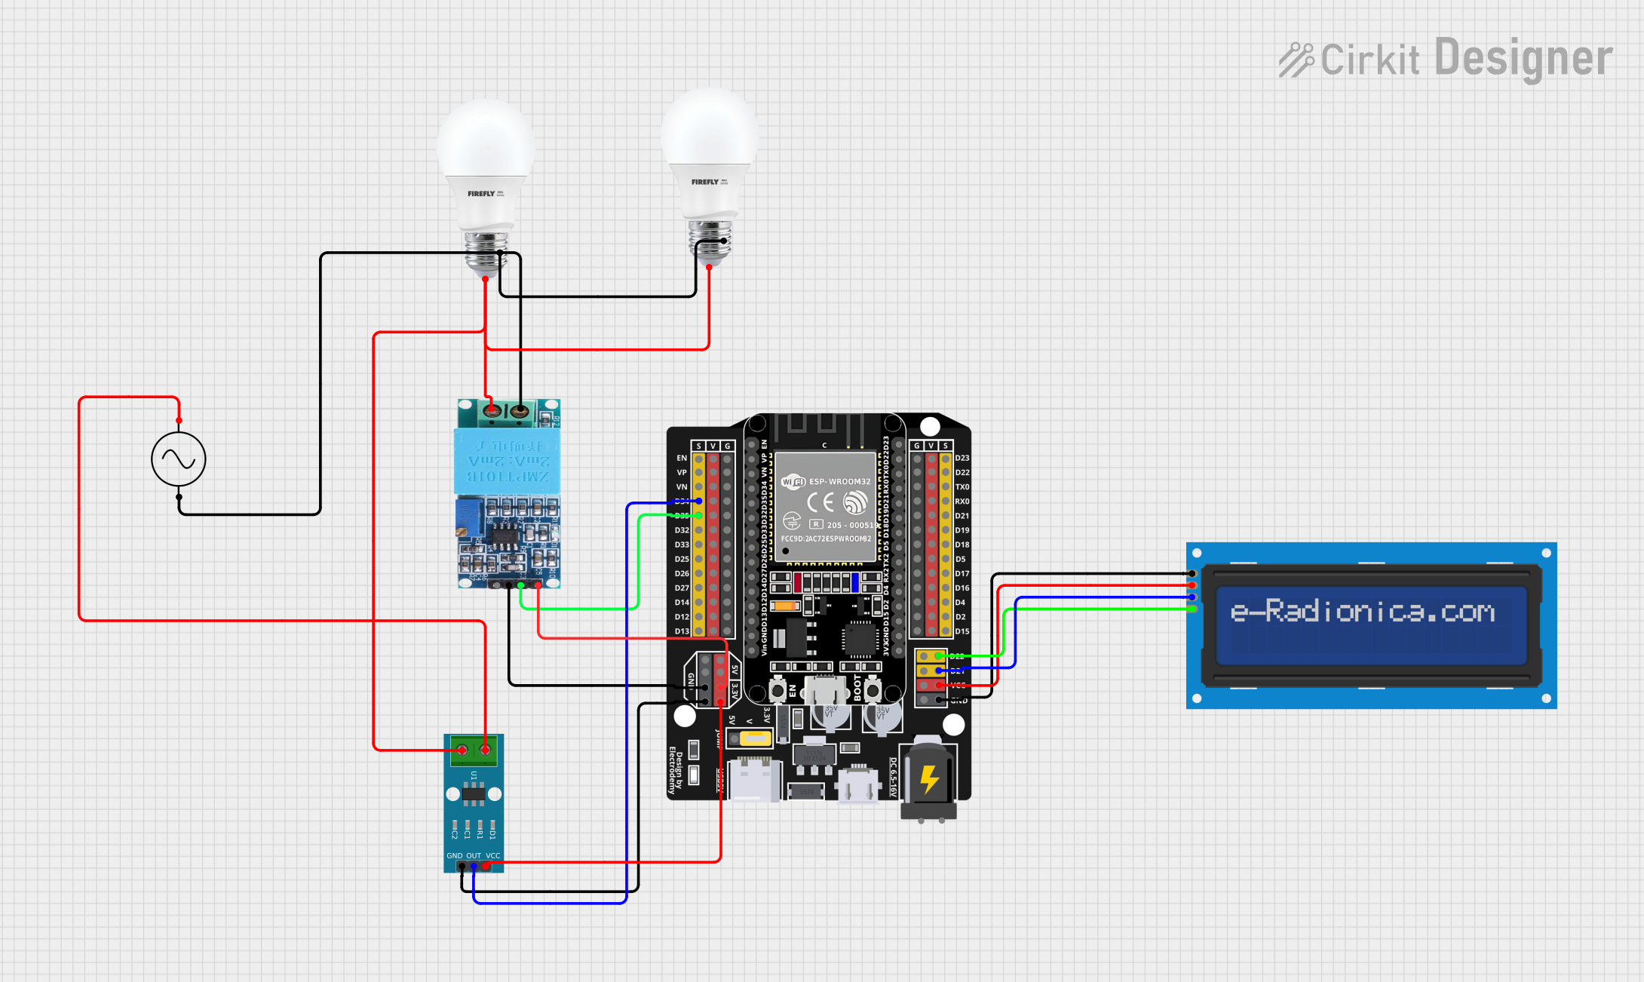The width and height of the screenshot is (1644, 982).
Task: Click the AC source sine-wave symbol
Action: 179,459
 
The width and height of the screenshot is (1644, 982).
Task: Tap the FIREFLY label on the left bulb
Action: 480,194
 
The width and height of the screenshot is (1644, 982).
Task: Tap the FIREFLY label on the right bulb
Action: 705,182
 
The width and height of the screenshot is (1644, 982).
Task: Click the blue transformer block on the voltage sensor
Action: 507,461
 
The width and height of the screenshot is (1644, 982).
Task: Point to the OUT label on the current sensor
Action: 474,855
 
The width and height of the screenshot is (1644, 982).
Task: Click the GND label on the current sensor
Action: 455,855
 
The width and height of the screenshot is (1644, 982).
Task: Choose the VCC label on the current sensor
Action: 492,855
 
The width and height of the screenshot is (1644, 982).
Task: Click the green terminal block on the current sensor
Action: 474,750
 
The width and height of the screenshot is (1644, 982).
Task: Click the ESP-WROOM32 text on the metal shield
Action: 839,481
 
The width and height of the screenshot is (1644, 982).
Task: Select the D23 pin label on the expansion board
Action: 962,458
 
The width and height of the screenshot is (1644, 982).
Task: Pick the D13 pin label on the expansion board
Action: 682,631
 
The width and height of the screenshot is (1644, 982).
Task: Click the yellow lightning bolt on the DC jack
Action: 929,780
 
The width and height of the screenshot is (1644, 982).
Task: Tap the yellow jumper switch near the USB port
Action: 755,738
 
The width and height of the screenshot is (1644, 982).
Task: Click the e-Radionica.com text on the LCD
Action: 1362,611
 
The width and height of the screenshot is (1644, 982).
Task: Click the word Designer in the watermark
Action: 1523,58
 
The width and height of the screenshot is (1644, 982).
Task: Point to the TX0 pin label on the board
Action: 962,486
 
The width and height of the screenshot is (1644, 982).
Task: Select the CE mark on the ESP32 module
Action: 820,502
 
